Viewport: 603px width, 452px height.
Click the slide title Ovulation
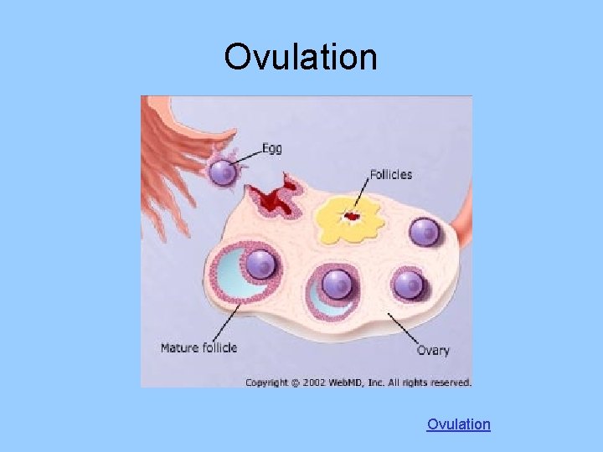click(301, 57)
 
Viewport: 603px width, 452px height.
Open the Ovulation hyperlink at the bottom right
click(458, 424)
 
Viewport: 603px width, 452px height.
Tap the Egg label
click(272, 148)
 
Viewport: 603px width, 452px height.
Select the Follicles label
click(390, 175)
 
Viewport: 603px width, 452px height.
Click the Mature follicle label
click(199, 347)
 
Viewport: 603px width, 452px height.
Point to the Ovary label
click(433, 350)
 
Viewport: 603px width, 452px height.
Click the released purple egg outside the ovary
click(223, 173)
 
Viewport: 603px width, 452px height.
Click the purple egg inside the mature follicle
click(262, 265)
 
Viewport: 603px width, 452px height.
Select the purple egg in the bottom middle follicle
click(337, 284)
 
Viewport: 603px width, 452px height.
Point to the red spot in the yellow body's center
click(353, 218)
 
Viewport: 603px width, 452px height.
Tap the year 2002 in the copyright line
click(310, 383)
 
